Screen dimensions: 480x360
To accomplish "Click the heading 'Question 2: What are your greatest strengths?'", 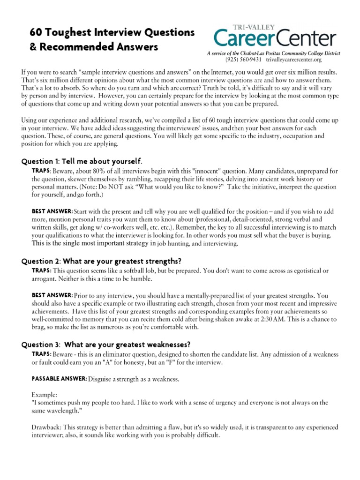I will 101,261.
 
